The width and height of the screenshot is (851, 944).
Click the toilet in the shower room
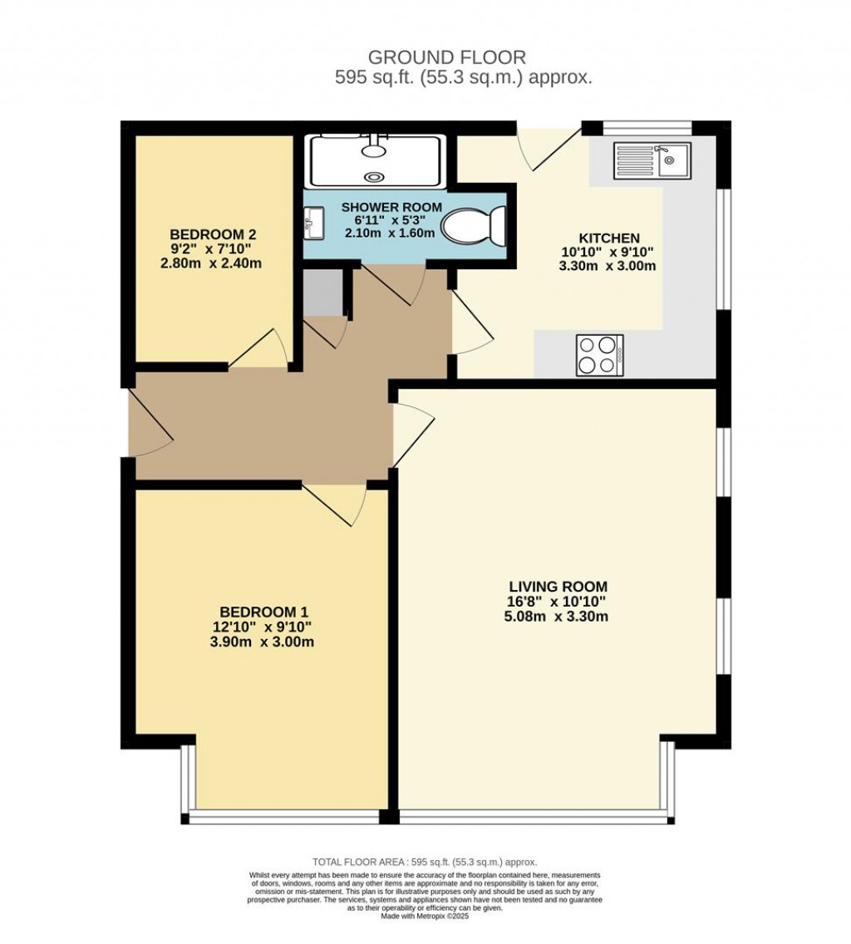(475, 226)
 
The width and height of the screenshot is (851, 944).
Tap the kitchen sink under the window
(650, 160)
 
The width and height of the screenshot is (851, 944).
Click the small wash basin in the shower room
(314, 222)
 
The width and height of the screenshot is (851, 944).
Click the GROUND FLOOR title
(446, 57)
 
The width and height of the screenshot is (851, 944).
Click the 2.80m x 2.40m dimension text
(210, 263)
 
